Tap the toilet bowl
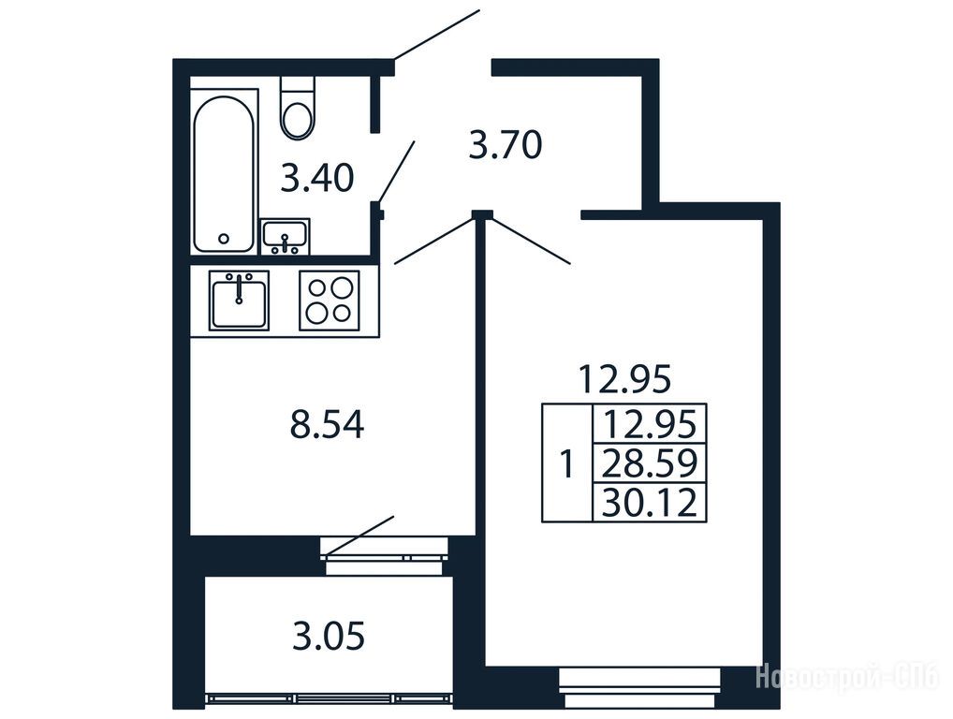[x=298, y=109]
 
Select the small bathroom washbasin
[x=285, y=237]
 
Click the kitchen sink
[x=239, y=301]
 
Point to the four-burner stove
[x=330, y=301]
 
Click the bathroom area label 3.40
[x=316, y=179]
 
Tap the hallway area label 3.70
[x=506, y=146]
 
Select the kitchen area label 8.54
[x=327, y=425]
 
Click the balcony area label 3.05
[x=329, y=637]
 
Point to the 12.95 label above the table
[x=624, y=379]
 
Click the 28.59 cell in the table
[x=649, y=462]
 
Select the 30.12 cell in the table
[x=649, y=503]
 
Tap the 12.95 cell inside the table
[x=649, y=423]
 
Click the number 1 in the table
[x=566, y=463]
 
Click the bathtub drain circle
[x=225, y=239]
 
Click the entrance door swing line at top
[x=437, y=35]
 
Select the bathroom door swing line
[x=396, y=172]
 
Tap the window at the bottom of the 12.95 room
[x=639, y=688]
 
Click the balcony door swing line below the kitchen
[x=359, y=536]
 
